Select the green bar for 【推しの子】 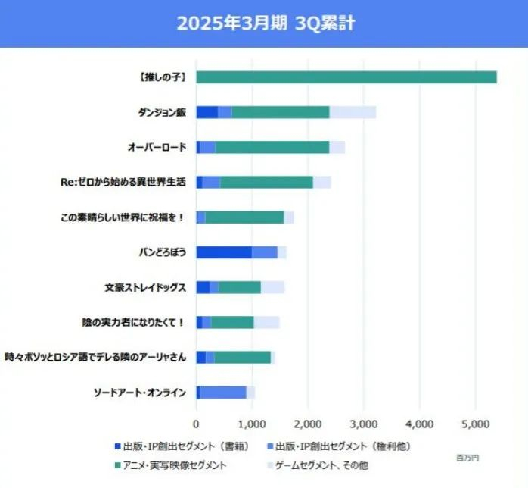pyautogui.click(x=346, y=77)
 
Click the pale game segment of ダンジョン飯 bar pyautogui.click(x=353, y=112)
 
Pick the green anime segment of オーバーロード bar pyautogui.click(x=272, y=147)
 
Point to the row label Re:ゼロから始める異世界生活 pyautogui.click(x=124, y=182)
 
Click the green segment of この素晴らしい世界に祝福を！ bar pyautogui.click(x=244, y=217)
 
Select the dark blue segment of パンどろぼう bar pyautogui.click(x=224, y=252)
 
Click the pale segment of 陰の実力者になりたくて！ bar pyautogui.click(x=266, y=322)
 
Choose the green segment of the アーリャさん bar pyautogui.click(x=242, y=357)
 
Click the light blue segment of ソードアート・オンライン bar pyautogui.click(x=223, y=392)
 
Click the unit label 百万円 pyautogui.click(x=467, y=458)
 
